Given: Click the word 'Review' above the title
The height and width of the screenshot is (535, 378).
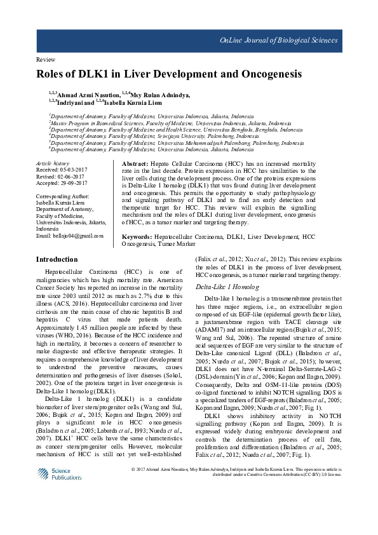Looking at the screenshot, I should pos(46,59).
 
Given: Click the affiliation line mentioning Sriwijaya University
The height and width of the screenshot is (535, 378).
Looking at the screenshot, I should pos(154,136).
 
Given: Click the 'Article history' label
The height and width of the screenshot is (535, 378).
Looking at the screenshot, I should pos(52,164).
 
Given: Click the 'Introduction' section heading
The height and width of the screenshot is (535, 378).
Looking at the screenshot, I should pos(57,259).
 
